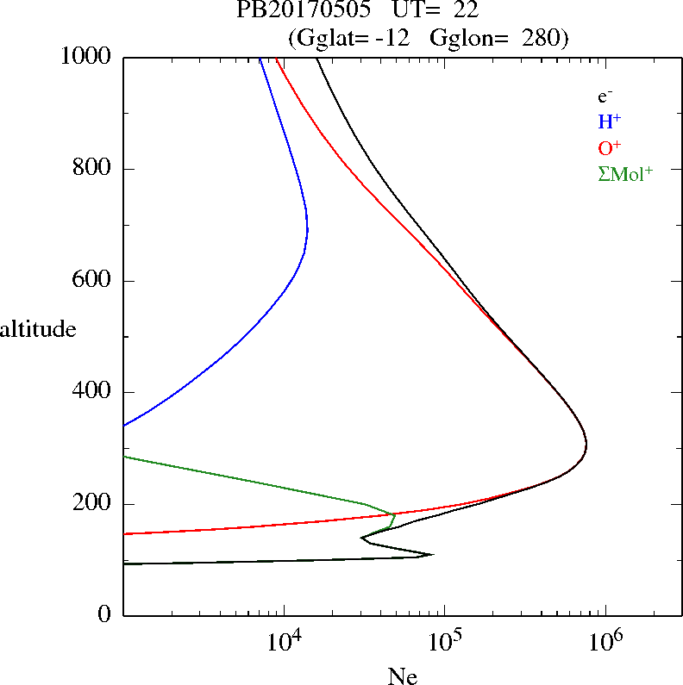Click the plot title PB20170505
tap(298, 11)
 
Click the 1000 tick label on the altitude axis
tap(87, 57)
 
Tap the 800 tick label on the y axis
tap(93, 169)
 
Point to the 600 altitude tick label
tap(93, 281)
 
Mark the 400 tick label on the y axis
tap(93, 392)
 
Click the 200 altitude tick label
tap(93, 504)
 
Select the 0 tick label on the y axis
tap(104, 615)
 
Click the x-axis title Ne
tap(402, 676)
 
